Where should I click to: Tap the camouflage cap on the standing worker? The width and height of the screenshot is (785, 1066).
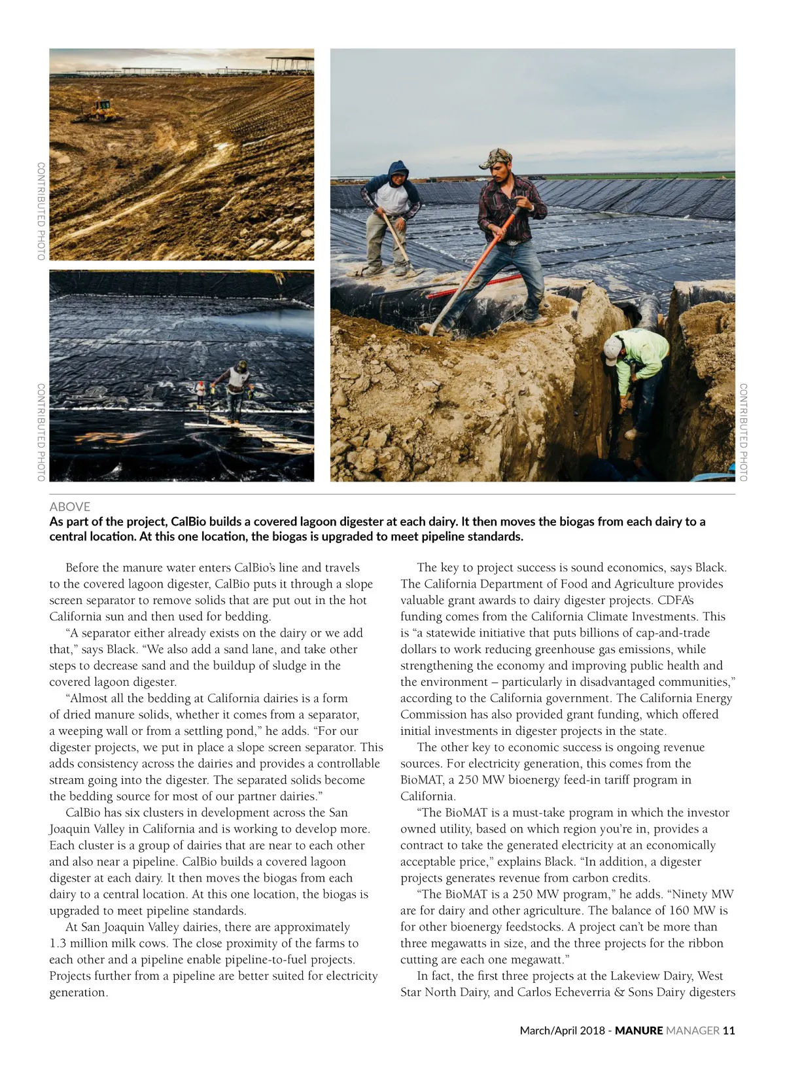point(496,157)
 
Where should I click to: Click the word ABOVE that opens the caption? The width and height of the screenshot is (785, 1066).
point(70,506)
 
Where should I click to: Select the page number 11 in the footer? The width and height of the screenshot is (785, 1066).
point(729,1030)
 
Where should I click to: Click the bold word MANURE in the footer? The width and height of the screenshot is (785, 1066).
point(638,1030)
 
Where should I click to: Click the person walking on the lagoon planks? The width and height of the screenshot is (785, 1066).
point(237,389)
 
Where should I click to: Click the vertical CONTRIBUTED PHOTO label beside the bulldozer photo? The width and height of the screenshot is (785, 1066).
point(41,211)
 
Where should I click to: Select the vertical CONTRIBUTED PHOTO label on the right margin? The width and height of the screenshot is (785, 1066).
point(743,432)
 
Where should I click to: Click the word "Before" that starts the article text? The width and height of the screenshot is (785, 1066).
point(84,567)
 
